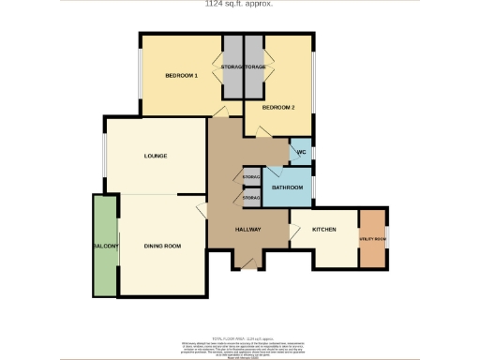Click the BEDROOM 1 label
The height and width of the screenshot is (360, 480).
[x=182, y=75]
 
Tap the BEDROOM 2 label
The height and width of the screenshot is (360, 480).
[x=278, y=108]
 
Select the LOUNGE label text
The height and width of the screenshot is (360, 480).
[x=156, y=156]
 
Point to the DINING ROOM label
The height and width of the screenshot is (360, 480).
[x=162, y=246]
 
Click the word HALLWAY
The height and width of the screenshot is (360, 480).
[x=247, y=230]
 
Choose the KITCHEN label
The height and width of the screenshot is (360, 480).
[x=323, y=230]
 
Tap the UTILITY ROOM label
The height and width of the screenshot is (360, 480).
[x=373, y=240]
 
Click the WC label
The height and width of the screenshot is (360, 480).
[x=301, y=153]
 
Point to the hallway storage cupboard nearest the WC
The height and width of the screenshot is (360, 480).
[x=250, y=177]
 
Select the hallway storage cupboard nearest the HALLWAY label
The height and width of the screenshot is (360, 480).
[x=250, y=199]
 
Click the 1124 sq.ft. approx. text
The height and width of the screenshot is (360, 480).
[x=241, y=4]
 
